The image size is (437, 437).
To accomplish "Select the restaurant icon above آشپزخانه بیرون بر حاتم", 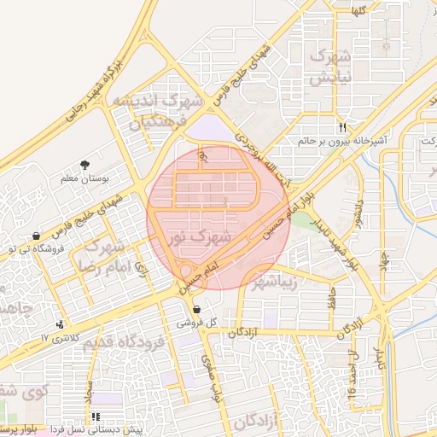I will point(342,126).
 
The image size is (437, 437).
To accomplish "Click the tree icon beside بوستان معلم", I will point(84,165).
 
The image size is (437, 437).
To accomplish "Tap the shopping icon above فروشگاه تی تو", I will point(35,236).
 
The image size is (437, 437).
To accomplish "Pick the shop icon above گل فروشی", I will point(197,310).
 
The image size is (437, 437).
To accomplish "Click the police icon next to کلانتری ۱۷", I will point(60,324).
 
